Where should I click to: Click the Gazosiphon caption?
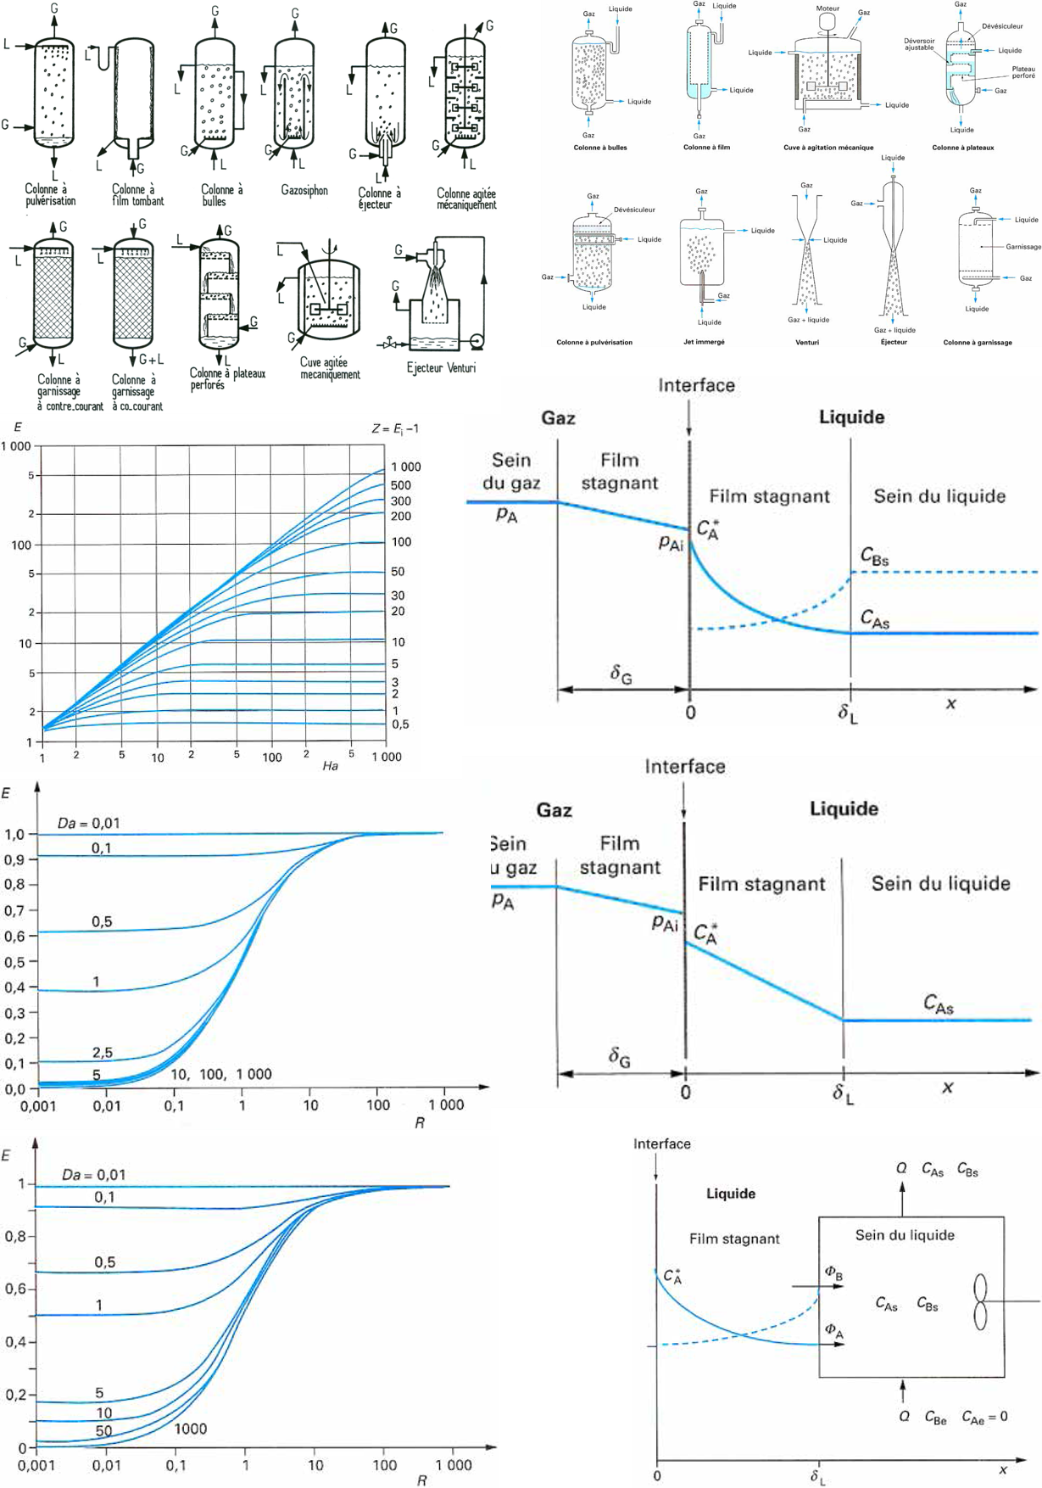click(304, 191)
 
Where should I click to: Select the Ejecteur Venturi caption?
click(441, 368)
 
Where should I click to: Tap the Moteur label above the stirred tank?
click(827, 8)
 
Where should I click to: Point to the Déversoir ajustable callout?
click(919, 44)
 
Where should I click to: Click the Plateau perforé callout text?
click(1023, 72)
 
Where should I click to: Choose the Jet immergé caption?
click(704, 342)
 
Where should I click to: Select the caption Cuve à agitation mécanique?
click(828, 148)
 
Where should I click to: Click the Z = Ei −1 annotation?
click(395, 428)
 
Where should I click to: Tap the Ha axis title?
click(331, 766)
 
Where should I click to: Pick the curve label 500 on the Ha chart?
click(401, 485)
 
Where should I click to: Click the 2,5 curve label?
click(103, 1053)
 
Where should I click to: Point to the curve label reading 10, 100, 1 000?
click(221, 1074)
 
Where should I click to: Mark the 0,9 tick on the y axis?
click(15, 859)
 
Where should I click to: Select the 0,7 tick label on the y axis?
click(15, 911)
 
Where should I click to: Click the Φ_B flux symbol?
click(833, 1273)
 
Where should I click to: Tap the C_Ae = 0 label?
click(984, 1417)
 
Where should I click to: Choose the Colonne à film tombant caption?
click(137, 195)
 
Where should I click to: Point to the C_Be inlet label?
click(935, 1418)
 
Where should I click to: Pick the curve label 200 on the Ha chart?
click(401, 516)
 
